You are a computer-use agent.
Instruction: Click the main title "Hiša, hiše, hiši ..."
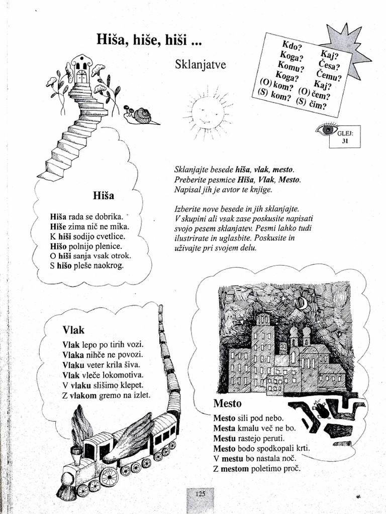click(x=148, y=41)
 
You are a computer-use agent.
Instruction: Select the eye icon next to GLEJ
click(x=326, y=129)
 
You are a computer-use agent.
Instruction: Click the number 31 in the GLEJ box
click(x=345, y=142)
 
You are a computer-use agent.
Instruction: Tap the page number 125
click(x=200, y=494)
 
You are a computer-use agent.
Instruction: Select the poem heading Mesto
click(x=227, y=404)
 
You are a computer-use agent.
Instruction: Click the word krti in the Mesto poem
click(x=303, y=448)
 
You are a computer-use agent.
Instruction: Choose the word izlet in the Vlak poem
click(x=140, y=395)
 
